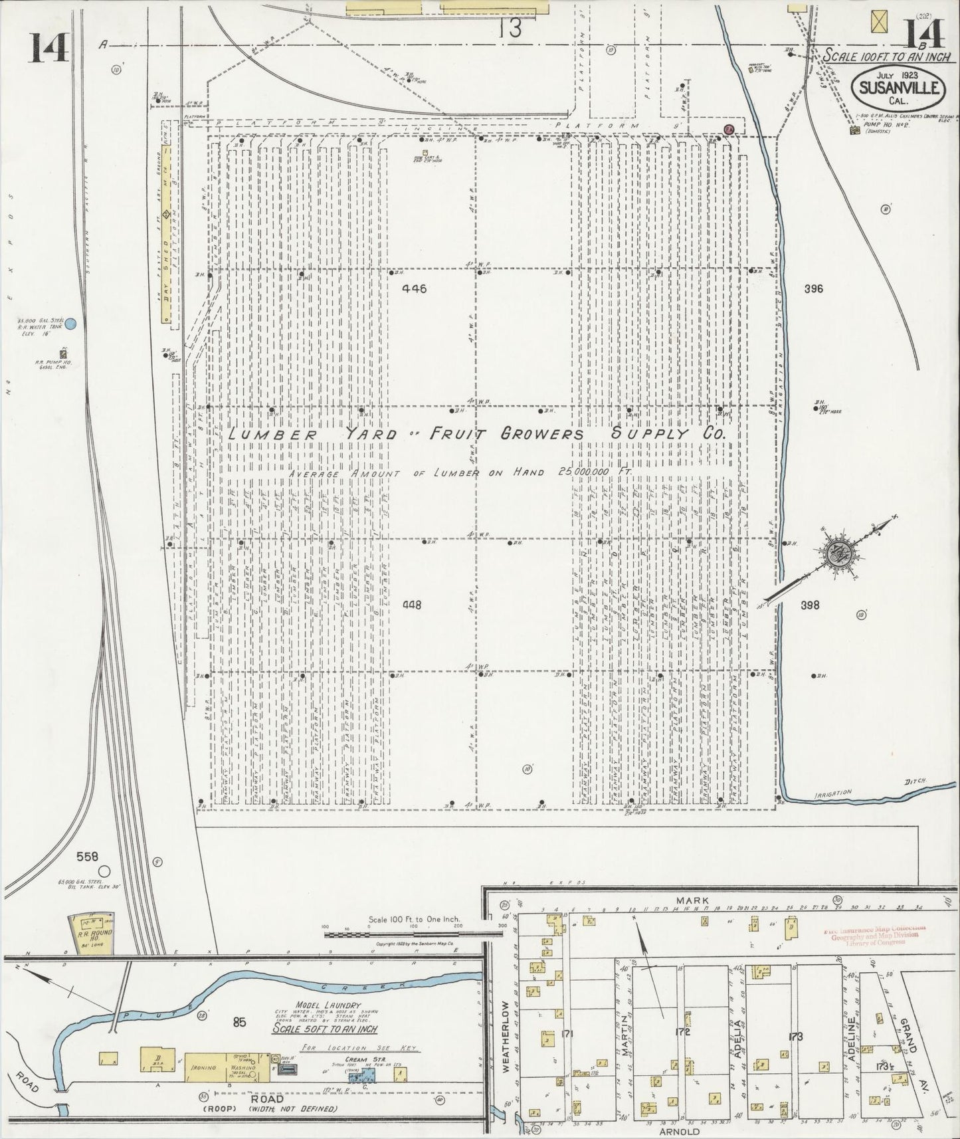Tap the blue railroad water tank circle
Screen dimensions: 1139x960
[x=71, y=324]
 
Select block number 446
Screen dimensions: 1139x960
[x=414, y=288]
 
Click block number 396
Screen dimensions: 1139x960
[x=813, y=288]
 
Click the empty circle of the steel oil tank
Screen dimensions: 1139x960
[x=104, y=871]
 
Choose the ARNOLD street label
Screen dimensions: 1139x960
[x=680, y=1131]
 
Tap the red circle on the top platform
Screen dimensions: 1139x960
[x=728, y=128]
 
